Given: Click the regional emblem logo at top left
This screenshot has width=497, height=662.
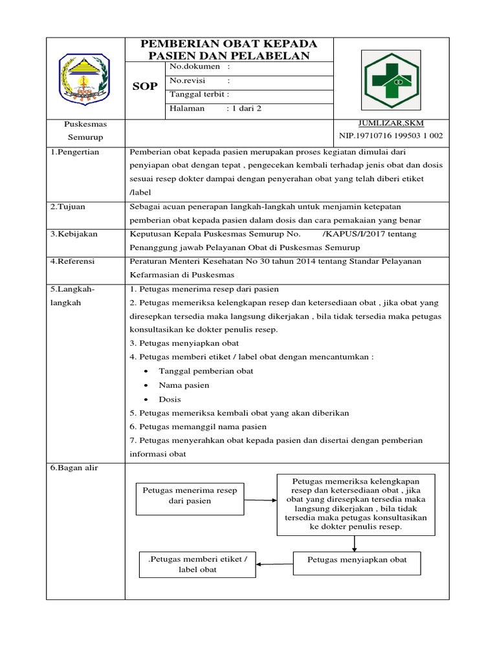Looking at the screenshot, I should tap(84, 78).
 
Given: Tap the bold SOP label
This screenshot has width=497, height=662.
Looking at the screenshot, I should tap(145, 86).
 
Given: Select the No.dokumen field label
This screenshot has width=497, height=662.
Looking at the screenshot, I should tap(195, 67).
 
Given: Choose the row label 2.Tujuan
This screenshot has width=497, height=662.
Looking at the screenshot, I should tap(68, 206).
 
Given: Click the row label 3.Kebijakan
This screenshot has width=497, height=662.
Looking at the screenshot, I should tap(74, 234).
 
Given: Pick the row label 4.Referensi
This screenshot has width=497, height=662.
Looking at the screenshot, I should tap(73, 261).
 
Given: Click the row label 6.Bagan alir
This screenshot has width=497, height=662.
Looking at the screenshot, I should tap(74, 467).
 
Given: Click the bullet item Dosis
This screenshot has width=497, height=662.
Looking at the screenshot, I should tap(170, 400).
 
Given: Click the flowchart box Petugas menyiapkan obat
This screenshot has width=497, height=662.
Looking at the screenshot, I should tap(357, 560).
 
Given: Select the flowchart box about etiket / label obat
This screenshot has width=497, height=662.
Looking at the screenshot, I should tap(197, 564).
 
